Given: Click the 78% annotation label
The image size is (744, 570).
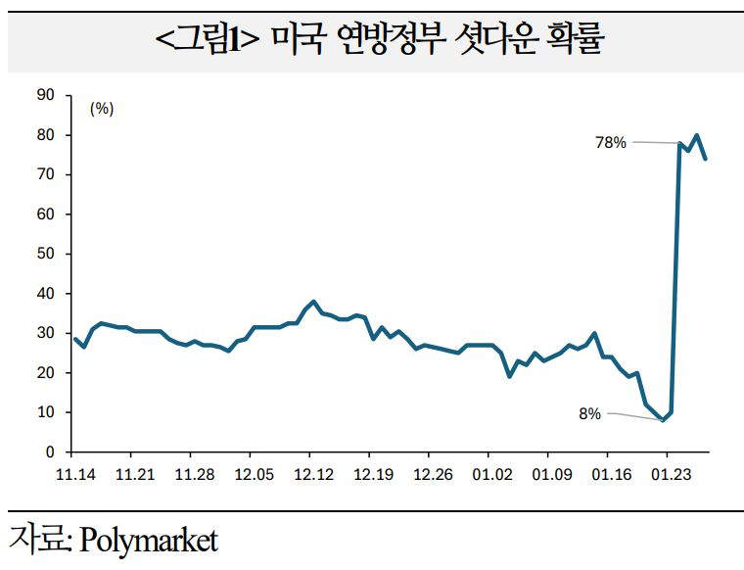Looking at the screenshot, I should [x=610, y=142].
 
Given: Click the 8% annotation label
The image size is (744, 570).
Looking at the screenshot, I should [x=589, y=414].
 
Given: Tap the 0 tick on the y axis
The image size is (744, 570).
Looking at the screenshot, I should [x=50, y=452].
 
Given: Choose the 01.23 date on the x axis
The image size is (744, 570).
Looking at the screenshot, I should [x=666, y=474].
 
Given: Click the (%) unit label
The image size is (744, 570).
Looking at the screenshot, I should [x=102, y=109].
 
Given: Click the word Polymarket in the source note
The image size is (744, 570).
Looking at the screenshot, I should [x=149, y=540].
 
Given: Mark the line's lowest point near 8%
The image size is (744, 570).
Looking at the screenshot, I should [x=663, y=420].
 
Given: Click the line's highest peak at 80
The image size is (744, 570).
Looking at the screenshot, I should [x=696, y=135].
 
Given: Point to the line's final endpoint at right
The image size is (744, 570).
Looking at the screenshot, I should [x=706, y=159].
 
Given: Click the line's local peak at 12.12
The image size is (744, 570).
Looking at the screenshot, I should [x=312, y=302].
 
